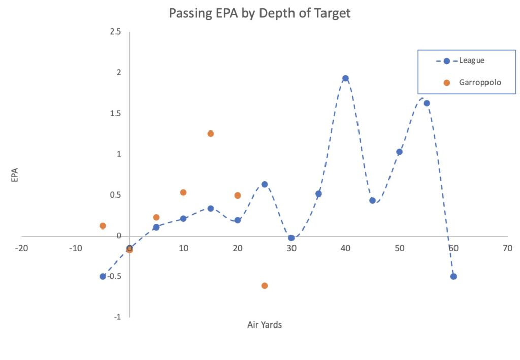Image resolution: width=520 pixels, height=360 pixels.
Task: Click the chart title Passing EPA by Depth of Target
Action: [x=259, y=13]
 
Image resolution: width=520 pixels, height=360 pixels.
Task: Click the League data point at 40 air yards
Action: [x=345, y=78]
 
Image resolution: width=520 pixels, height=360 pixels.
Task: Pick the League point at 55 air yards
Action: [x=427, y=103]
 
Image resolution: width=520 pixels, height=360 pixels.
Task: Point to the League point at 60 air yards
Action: [x=453, y=276]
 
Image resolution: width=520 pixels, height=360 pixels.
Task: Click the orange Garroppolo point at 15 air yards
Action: [x=211, y=134]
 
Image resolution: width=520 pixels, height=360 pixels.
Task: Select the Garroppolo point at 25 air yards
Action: [x=265, y=286]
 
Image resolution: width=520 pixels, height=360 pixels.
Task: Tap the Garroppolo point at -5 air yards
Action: [x=103, y=226]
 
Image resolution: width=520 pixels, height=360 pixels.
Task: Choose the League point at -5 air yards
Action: [x=103, y=276]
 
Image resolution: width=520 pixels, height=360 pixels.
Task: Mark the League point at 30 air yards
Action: [x=291, y=238]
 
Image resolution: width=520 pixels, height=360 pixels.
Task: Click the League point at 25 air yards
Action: [x=265, y=184]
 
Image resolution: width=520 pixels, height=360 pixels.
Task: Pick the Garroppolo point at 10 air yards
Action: [x=183, y=192]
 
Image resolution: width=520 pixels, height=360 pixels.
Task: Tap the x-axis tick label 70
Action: [x=507, y=249]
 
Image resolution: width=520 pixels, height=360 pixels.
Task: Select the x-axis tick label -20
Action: [x=21, y=249]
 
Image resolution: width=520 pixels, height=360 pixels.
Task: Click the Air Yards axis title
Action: [x=265, y=325]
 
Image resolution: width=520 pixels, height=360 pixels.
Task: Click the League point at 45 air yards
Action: [x=372, y=200]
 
